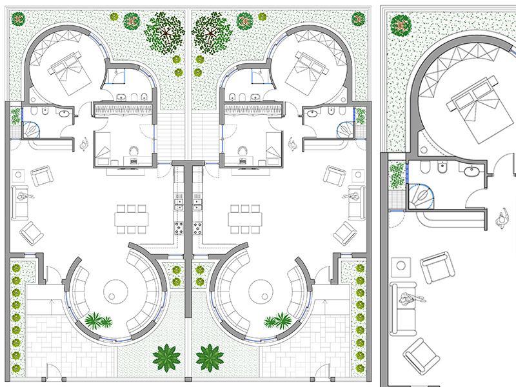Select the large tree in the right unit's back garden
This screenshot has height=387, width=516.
[211, 28]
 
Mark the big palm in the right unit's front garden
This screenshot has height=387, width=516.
[210, 357]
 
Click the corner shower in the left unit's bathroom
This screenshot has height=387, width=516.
[31, 129]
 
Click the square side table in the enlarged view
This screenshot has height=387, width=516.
[402, 264]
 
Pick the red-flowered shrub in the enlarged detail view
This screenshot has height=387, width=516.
[401, 26]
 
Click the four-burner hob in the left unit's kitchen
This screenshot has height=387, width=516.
[178, 228]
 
